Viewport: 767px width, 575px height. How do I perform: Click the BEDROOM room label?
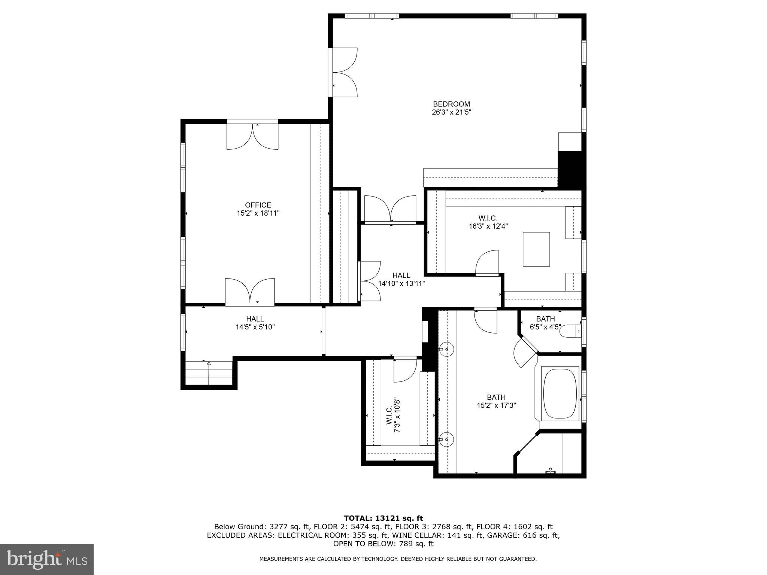coord(451,104)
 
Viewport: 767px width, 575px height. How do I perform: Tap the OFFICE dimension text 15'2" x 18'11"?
coord(258,213)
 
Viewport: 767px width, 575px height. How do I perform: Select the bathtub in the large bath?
coord(560,394)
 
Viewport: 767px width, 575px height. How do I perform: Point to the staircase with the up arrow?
coord(209,373)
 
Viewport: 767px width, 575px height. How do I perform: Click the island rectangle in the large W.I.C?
coord(536,249)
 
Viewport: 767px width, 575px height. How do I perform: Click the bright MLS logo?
coord(46,559)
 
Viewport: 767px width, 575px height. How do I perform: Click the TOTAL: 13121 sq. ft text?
coord(383,518)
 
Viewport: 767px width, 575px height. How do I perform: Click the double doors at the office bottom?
coord(250,291)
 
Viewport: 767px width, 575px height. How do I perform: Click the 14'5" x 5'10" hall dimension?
coord(255,327)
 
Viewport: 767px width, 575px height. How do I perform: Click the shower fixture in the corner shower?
coord(551,471)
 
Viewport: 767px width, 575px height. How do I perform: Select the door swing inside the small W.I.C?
coord(405,370)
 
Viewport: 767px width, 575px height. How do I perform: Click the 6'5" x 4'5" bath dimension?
coord(545,327)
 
